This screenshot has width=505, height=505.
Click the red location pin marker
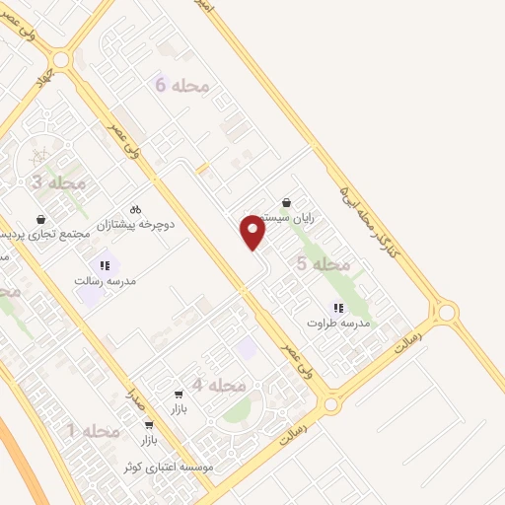pyautogui.click(x=253, y=233)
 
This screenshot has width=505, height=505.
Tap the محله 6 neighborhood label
pyautogui.click(x=183, y=86)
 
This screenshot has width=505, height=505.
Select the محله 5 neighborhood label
pyautogui.click(x=323, y=263)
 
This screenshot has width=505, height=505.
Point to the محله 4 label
pyautogui.click(x=218, y=384)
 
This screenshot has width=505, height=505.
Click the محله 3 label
pyautogui.click(x=58, y=182)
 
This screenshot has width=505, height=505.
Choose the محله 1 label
pyautogui.click(x=93, y=430)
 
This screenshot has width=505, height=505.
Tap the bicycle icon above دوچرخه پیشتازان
pyautogui.click(x=136, y=209)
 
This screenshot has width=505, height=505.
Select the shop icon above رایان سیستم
pyautogui.click(x=286, y=202)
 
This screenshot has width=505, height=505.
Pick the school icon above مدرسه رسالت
pyautogui.click(x=105, y=265)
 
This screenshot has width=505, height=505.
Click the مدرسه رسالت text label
pyautogui.click(x=105, y=280)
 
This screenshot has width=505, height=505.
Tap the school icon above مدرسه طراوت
pyautogui.click(x=338, y=308)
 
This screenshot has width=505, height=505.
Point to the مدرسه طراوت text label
pyautogui.click(x=338, y=323)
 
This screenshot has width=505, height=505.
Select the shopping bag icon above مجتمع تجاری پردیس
pyautogui.click(x=40, y=219)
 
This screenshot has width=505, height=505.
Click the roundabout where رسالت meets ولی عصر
pyautogui.click(x=332, y=404)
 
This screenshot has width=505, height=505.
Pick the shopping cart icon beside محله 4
pyautogui.click(x=179, y=394)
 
